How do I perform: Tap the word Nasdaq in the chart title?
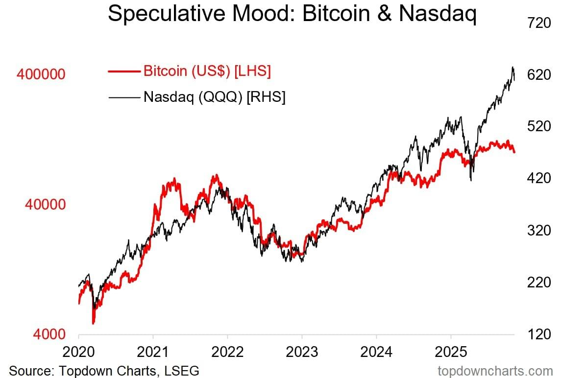coord(438,14)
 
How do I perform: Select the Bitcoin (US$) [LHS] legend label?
coord(207,71)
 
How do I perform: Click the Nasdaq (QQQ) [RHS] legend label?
coord(215,97)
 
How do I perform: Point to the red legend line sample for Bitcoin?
coord(124,71)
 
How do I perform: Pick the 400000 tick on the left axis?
coord(41,75)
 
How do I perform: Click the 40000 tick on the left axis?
coord(45,205)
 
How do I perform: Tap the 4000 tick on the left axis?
coord(49,334)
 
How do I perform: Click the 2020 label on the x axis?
coord(79,352)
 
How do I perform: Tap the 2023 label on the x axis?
coord(302,352)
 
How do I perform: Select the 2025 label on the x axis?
coord(450,352)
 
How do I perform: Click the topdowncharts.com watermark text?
coord(495,370)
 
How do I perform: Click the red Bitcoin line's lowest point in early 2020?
coord(93,323)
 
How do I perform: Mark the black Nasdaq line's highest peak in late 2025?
coord(513,67)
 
